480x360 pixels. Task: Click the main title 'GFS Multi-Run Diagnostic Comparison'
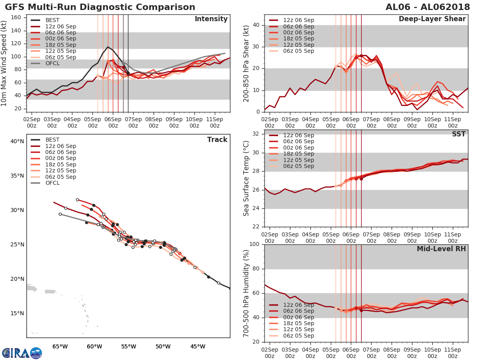[100, 7]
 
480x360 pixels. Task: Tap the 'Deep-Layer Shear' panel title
[432, 19]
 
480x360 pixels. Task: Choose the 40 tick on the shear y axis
[257, 25]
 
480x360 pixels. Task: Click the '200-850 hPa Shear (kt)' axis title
[247, 63]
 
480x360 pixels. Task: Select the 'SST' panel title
[459, 134]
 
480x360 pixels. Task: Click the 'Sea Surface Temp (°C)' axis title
[247, 178]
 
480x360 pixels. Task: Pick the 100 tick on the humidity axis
[254, 244]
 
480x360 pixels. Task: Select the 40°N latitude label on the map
[17, 141]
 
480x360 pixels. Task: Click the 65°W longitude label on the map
[60, 346]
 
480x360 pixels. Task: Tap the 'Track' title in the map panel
[217, 140]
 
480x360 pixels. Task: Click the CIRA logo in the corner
[21, 353]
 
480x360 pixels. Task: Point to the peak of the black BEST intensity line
[108, 47]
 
